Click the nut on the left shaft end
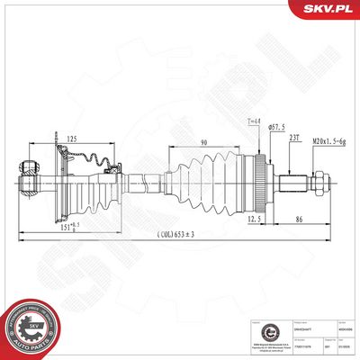(28, 166)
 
